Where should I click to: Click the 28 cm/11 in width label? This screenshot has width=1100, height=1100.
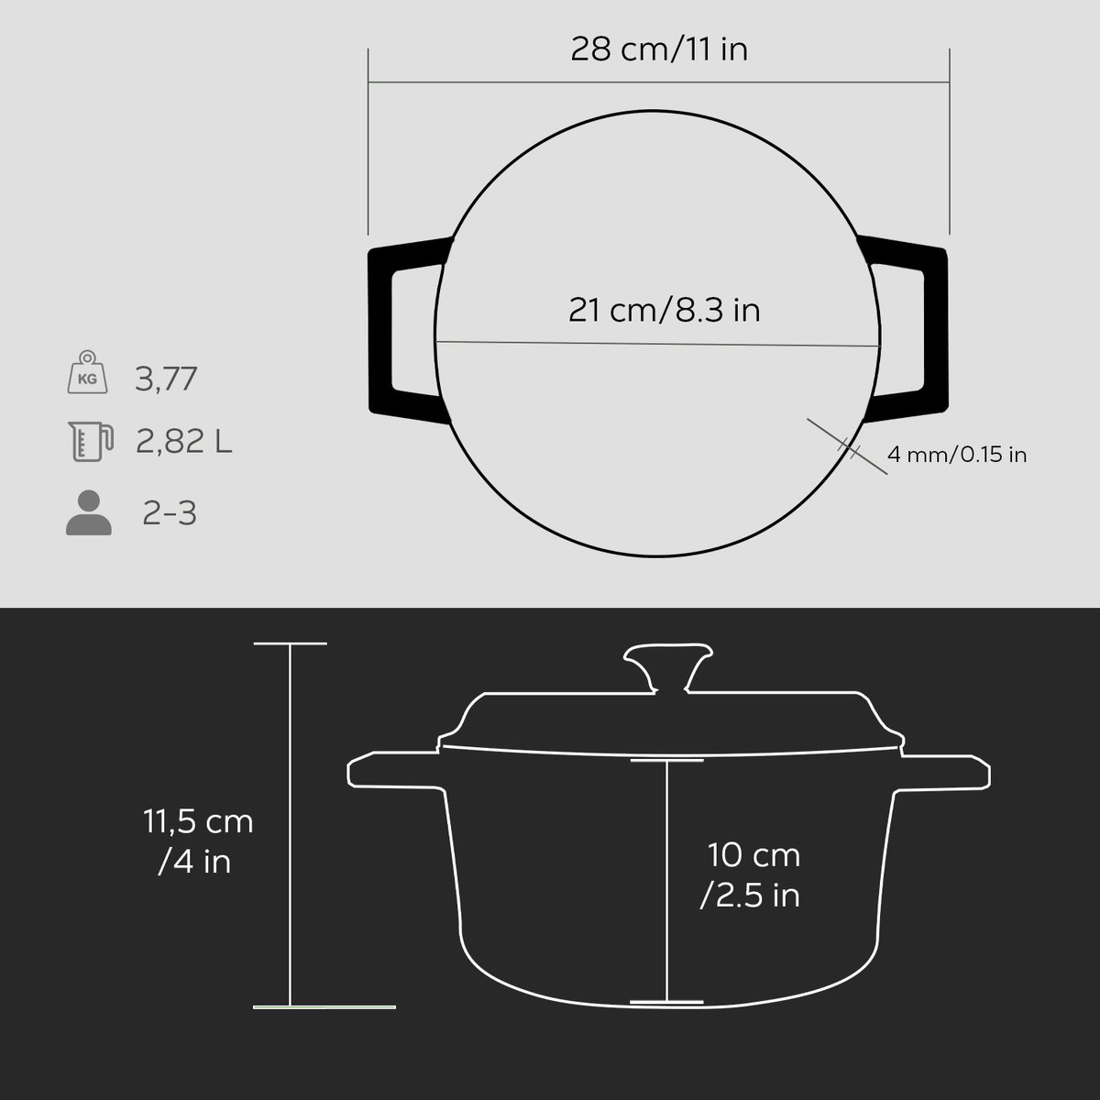tap(659, 49)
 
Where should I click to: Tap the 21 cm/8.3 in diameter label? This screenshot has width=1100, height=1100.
tap(664, 311)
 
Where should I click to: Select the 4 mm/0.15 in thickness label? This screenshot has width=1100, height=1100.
tap(957, 455)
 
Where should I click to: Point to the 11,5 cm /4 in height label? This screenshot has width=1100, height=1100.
tap(197, 841)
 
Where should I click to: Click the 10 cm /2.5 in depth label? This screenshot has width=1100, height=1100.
tap(751, 875)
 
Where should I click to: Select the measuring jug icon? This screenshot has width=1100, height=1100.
tap(90, 441)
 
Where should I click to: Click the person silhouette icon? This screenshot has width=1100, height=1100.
tap(89, 512)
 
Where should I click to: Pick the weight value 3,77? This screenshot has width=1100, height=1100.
tap(166, 379)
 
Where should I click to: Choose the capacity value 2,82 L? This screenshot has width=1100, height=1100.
tap(184, 441)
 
